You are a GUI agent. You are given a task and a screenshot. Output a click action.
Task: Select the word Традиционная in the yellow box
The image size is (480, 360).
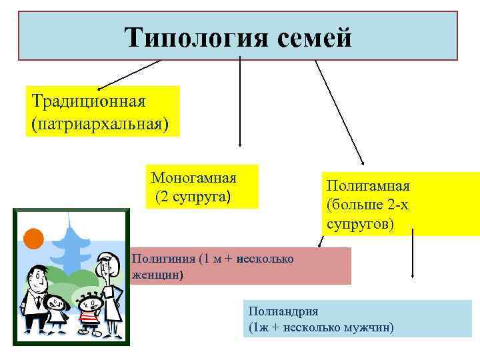click(89, 102)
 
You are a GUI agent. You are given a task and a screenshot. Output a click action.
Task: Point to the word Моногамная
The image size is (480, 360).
click(194, 178)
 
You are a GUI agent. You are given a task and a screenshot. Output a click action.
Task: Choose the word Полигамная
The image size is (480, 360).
click(368, 185)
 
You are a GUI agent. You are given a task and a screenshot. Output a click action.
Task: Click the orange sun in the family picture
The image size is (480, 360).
click(33, 237)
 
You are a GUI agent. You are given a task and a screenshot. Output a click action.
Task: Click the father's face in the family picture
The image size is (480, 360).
click(38, 276)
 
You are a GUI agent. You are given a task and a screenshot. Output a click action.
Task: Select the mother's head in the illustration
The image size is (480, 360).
click(106, 266)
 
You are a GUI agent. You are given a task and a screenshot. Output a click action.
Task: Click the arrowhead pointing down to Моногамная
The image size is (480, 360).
click(239, 143)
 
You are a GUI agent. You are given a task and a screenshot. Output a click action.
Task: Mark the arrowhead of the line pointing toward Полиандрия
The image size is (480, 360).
click(414, 275)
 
